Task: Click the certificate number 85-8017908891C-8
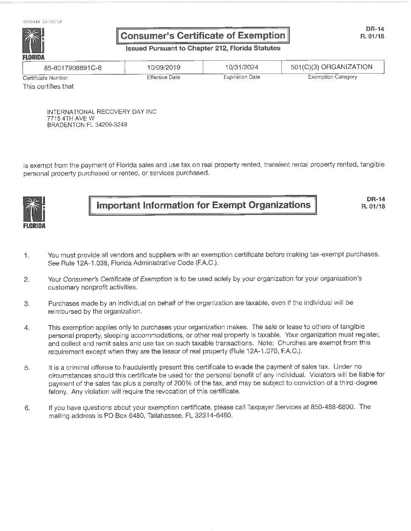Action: pos(73,68)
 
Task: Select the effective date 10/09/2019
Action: pos(164,68)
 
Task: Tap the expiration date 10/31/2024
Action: pos(241,67)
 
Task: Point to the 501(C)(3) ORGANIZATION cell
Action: pos(332,67)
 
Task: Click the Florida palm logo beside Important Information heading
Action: pos(34,212)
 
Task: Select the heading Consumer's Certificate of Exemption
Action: pos(202,36)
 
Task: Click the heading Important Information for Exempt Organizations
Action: pos(204,205)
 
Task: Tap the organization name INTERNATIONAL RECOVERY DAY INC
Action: pos(101,112)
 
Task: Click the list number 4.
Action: pos(26,327)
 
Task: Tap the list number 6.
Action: pos(26,408)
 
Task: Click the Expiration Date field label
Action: pos(241,77)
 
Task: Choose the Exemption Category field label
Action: pos(332,77)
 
